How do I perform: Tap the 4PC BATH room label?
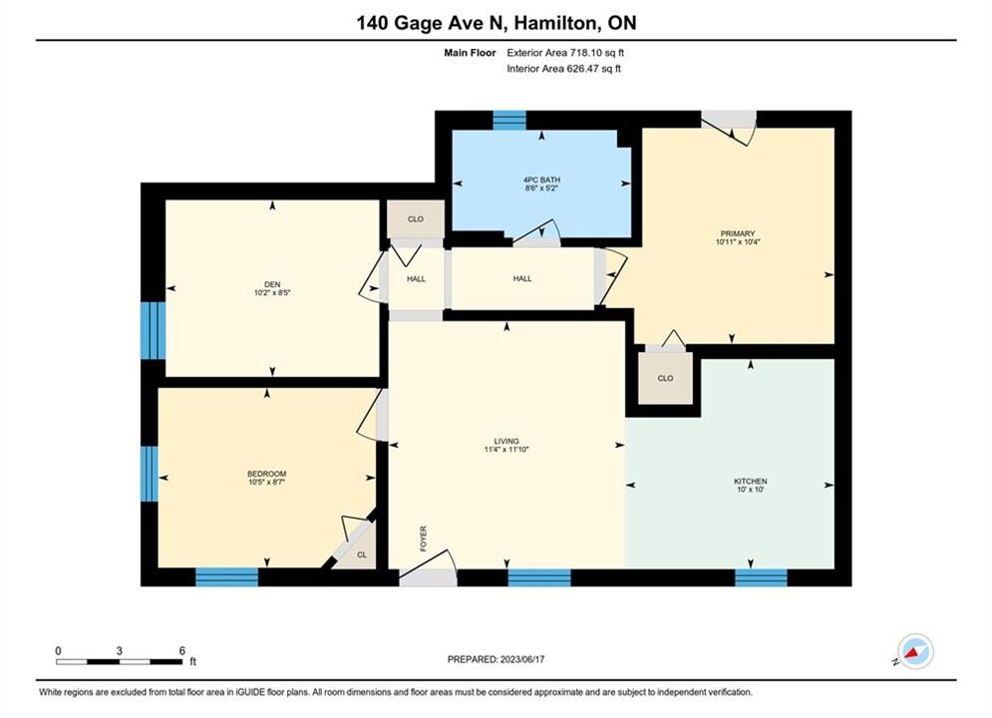tap(542, 179)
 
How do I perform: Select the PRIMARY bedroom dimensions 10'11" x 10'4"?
tap(738, 241)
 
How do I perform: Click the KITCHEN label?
tap(751, 482)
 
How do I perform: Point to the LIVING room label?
tap(506, 441)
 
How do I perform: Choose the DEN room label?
tap(272, 284)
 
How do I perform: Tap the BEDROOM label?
tap(266, 474)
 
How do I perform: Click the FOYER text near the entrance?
tap(424, 538)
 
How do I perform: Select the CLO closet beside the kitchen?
tap(666, 378)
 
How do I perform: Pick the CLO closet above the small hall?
tap(416, 218)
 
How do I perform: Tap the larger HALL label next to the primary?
tap(522, 278)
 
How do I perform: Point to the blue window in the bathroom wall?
tap(509, 121)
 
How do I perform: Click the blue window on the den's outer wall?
tap(153, 330)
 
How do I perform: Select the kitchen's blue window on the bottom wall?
tap(761, 577)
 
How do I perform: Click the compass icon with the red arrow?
tap(915, 651)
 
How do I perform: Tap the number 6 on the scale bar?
tap(182, 650)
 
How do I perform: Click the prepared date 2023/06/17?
tap(522, 659)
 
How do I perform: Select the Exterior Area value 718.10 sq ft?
tap(597, 53)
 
